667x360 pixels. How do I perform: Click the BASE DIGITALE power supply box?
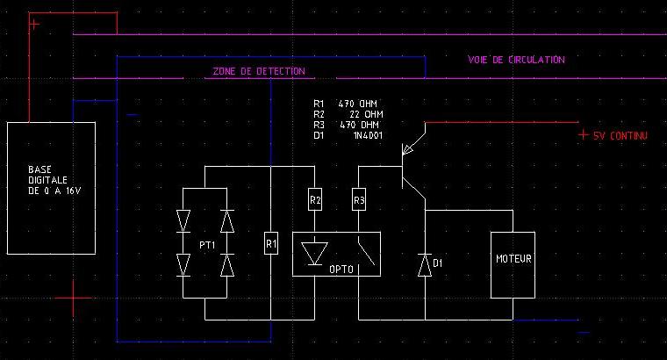[51, 188]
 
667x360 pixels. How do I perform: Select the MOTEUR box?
[512, 260]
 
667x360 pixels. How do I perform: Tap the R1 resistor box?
[271, 241]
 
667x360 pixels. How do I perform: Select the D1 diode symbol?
[426, 263]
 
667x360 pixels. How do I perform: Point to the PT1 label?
[207, 243]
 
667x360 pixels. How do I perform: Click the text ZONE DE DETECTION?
[259, 71]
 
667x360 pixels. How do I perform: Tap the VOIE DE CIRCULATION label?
[516, 60]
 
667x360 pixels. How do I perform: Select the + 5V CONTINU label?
[613, 135]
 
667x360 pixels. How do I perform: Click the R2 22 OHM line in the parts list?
[348, 114]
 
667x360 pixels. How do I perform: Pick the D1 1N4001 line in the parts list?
[348, 135]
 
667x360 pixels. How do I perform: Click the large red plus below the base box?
[74, 299]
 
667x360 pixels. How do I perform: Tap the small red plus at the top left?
[34, 25]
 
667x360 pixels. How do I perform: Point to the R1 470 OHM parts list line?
[348, 104]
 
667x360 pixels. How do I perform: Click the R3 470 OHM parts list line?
[348, 125]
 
